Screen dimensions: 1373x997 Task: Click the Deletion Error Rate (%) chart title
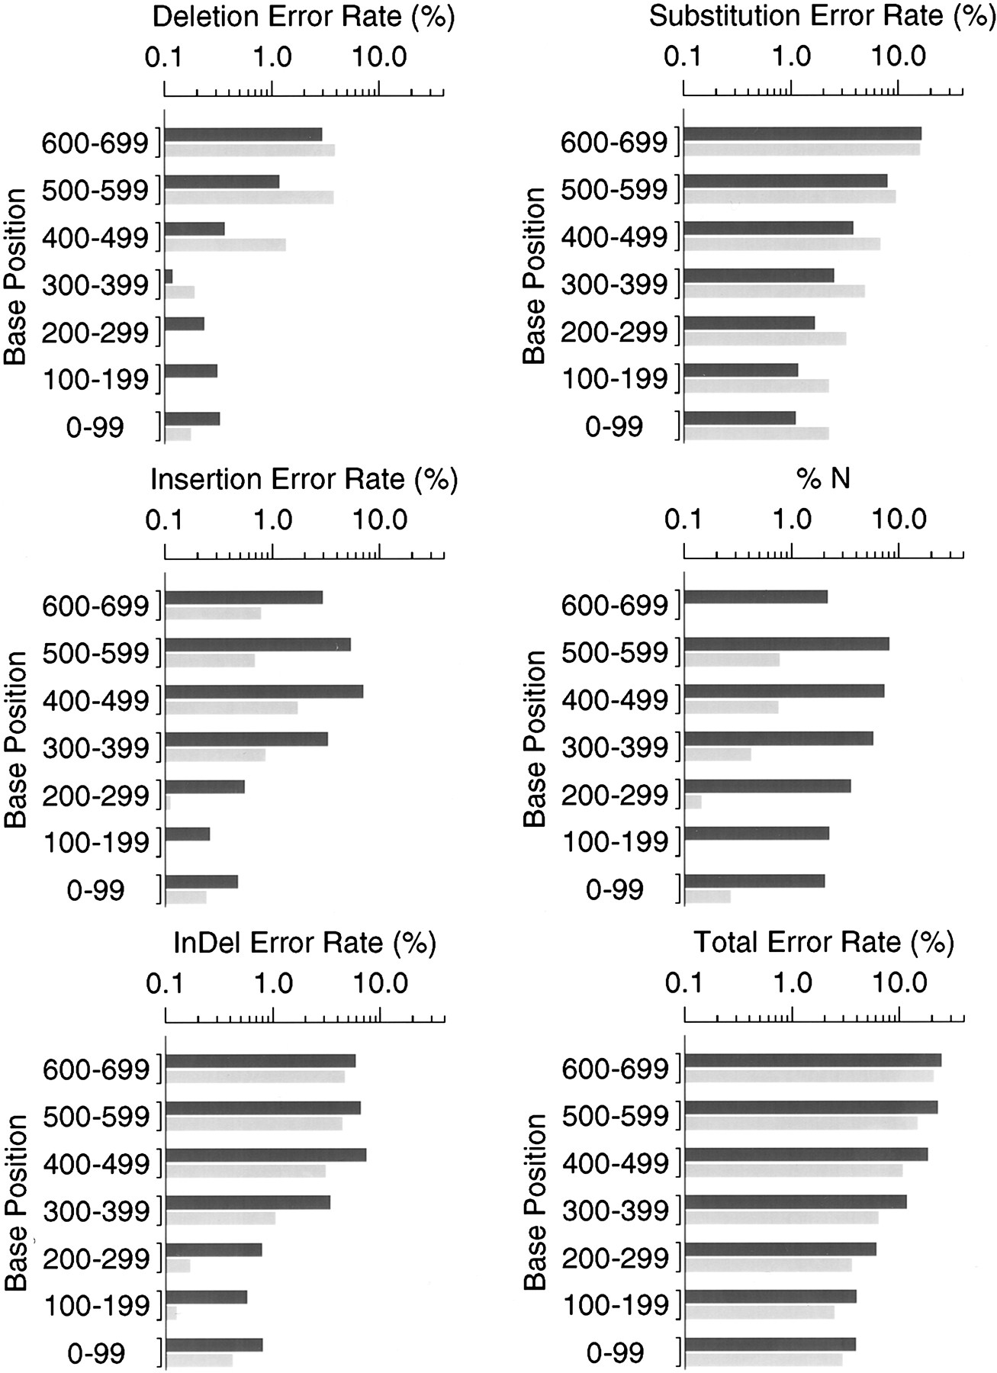pyautogui.click(x=304, y=18)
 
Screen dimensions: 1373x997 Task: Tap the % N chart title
pyautogui.click(x=823, y=479)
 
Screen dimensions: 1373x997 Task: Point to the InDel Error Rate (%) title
pyautogui.click(x=304, y=944)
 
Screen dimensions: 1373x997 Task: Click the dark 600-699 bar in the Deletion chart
pyautogui.click(x=243, y=134)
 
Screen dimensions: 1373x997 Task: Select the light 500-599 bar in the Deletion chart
pyautogui.click(x=249, y=198)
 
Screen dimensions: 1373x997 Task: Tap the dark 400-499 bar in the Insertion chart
pyautogui.click(x=264, y=692)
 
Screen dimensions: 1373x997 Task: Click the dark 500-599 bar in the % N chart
pyautogui.click(x=786, y=644)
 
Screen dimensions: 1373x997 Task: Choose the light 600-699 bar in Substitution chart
pyautogui.click(x=802, y=150)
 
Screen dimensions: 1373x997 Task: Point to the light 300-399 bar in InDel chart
pyautogui.click(x=220, y=1218)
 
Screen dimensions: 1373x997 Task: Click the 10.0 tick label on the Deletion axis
pyautogui.click(x=379, y=58)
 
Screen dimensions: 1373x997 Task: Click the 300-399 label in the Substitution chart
pyautogui.click(x=614, y=285)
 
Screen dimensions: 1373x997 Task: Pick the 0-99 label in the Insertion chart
pyautogui.click(x=95, y=891)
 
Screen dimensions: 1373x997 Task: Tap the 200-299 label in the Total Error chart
pyautogui.click(x=616, y=1259)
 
